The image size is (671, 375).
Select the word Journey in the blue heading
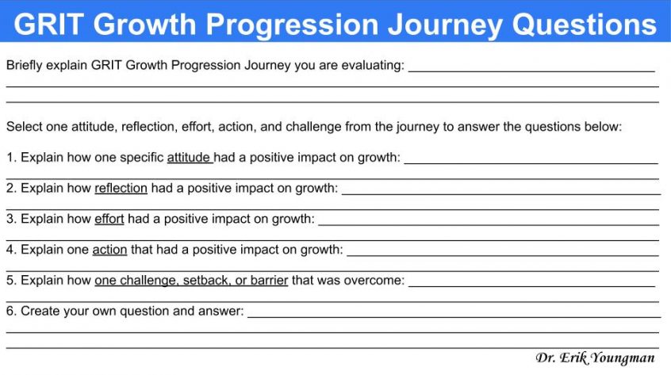click(444, 24)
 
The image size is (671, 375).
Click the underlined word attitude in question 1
click(189, 158)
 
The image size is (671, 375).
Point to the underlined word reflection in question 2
click(121, 189)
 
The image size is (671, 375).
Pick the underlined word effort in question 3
click(109, 219)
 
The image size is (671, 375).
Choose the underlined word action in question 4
click(109, 250)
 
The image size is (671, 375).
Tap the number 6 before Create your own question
click(10, 312)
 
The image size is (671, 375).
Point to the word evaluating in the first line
click(373, 66)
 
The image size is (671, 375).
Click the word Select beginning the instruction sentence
click(24, 127)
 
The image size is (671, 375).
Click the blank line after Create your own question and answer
click(452, 316)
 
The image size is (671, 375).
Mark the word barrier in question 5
click(269, 281)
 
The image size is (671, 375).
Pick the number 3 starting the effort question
click(10, 219)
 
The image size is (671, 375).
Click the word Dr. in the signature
click(545, 358)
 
